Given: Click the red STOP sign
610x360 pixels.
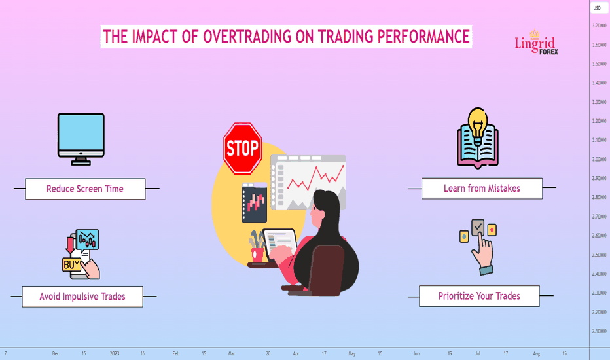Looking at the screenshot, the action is pyautogui.click(x=242, y=149).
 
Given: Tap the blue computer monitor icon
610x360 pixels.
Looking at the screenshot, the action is pyautogui.click(x=81, y=139).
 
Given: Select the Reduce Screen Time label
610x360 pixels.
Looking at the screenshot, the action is pyautogui.click(x=85, y=189).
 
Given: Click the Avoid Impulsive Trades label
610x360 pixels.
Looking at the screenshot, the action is pyautogui.click(x=82, y=297).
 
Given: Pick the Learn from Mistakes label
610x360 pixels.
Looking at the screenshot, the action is pyautogui.click(x=482, y=189).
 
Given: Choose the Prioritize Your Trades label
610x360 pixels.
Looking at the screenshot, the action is pyautogui.click(x=479, y=296).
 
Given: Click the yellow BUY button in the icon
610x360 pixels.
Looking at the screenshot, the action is pyautogui.click(x=71, y=264).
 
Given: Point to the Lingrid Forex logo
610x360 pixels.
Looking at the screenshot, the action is pyautogui.click(x=537, y=43).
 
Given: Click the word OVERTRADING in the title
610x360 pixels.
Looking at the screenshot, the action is pyautogui.click(x=247, y=37).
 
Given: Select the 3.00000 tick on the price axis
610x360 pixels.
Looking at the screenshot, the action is pyautogui.click(x=599, y=159).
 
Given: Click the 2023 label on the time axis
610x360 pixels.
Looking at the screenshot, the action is pyautogui.click(x=115, y=353).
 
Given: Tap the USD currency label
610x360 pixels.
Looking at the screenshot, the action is pyautogui.click(x=597, y=8).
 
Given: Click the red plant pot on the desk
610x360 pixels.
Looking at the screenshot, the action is pyautogui.click(x=257, y=255).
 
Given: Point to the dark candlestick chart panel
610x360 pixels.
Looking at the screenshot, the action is pyautogui.click(x=255, y=203).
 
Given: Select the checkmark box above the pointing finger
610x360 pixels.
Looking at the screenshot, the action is pyautogui.click(x=478, y=227).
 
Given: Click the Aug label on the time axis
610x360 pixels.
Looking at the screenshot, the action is pyautogui.click(x=537, y=353).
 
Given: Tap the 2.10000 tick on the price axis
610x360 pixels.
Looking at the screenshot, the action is pyautogui.click(x=599, y=331).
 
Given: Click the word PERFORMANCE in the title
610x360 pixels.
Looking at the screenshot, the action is pyautogui.click(x=423, y=37).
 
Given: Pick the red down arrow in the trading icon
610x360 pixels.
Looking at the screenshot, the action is pyautogui.click(x=70, y=245).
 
